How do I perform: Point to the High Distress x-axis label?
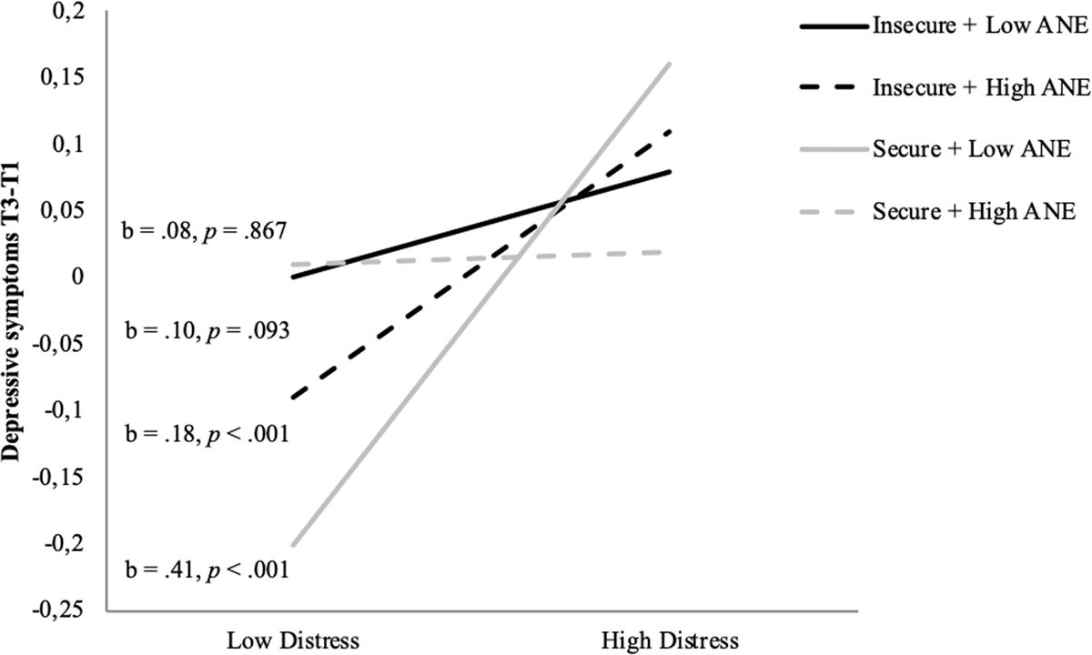(672, 640)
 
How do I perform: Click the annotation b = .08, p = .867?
(205, 232)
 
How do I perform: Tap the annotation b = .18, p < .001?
(205, 434)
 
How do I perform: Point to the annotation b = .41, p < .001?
(205, 570)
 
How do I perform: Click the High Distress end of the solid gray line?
(671, 64)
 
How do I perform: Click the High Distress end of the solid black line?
(671, 171)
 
